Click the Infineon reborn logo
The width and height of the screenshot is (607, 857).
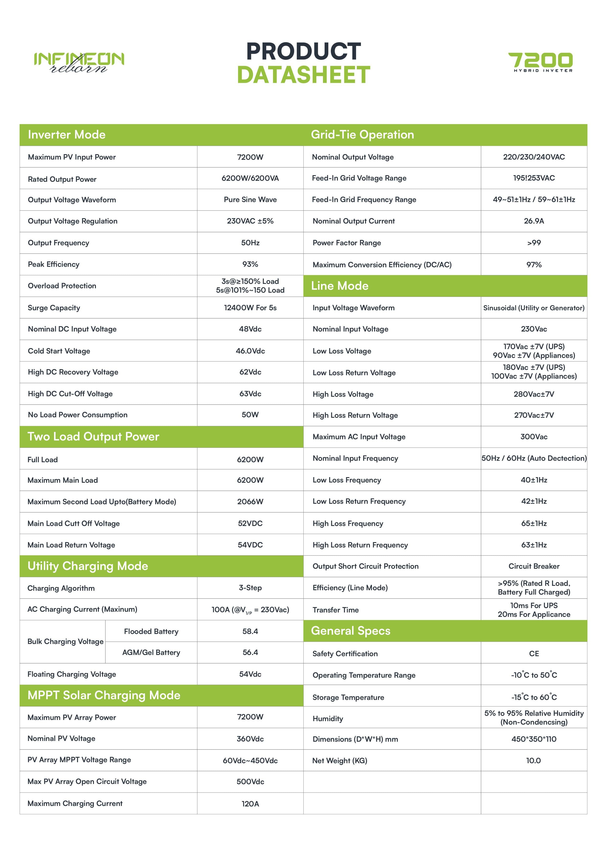coord(79,62)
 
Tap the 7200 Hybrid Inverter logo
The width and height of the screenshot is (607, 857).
coord(540,62)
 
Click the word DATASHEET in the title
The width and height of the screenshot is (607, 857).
coord(303,75)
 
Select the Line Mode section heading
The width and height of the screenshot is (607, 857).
coord(340,286)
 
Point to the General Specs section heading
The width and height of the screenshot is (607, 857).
coord(351,631)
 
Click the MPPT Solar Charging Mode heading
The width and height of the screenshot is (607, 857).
coord(104,695)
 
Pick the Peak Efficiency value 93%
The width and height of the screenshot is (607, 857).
coord(250,264)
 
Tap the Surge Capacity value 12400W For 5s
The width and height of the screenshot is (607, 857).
coord(250,308)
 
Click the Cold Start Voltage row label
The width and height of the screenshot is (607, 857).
coord(59,351)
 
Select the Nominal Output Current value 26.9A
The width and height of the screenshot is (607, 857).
coord(534,221)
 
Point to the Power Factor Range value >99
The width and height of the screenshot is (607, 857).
coord(534,243)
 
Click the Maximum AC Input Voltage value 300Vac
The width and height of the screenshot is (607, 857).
coord(534,437)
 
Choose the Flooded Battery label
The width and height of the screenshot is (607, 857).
coord(151,632)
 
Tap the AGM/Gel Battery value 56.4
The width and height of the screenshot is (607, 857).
coord(250,653)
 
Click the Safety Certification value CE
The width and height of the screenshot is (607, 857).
coord(534,653)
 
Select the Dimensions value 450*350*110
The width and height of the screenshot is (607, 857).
coord(534,739)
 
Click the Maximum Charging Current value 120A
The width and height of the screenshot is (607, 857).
coord(250,804)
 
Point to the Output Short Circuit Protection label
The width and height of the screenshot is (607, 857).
coord(366,566)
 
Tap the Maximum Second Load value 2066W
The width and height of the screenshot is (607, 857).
coord(250,502)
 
